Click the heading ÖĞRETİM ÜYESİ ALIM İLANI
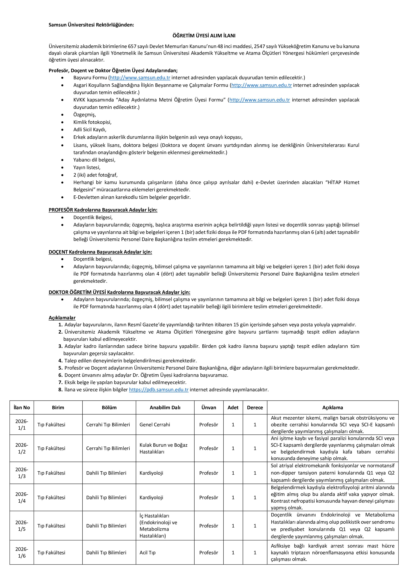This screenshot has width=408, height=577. [204, 36]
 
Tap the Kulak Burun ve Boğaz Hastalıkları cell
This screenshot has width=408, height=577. [163, 448]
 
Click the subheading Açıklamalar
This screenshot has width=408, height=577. [62, 318]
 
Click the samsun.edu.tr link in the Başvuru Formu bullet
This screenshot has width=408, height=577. [140, 78]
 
